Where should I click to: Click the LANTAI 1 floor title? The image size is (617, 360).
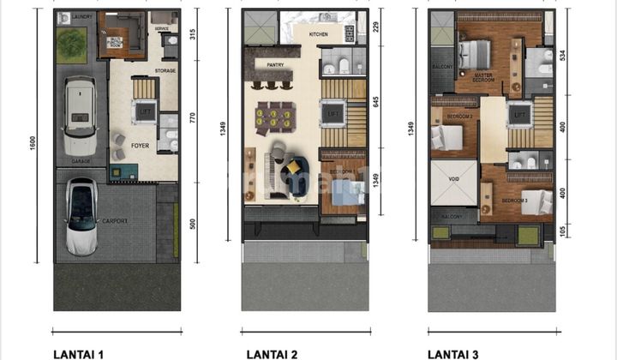pos(78,353)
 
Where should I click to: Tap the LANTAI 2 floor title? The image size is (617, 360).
pos(273,353)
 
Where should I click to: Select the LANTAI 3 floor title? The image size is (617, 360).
pos(455,353)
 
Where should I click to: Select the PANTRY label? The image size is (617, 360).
pos(275,63)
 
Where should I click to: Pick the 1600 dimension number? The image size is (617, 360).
pos(33,145)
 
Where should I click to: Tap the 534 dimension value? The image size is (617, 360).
pos(564,57)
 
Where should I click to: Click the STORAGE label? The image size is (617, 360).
pos(165,70)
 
